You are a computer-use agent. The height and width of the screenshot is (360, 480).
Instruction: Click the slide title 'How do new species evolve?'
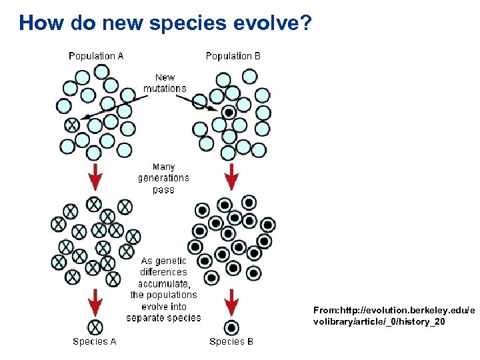pos(165,24)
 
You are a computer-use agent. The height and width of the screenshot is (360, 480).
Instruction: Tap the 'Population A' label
pos(96,56)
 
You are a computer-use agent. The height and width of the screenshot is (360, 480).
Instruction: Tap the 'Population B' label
pos(233,56)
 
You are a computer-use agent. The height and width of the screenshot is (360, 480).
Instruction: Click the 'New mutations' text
pos(165,83)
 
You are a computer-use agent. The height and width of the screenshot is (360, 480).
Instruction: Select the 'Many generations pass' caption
pos(163,178)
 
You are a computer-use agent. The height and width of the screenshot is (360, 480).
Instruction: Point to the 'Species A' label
pos(95,341)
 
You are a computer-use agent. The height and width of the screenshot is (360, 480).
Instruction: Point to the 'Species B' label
pos(231,341)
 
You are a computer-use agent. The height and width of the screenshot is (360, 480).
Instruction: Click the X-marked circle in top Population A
pos(71,125)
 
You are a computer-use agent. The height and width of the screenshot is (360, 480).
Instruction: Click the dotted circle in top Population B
pos(229,111)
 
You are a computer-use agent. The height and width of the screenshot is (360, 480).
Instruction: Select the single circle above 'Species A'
pos(95,327)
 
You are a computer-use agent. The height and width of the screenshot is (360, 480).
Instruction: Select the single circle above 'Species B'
pos(231,327)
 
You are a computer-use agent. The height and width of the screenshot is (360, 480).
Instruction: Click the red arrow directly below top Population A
pos(95,175)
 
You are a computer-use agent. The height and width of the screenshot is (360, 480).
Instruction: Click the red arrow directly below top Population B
pos(231,175)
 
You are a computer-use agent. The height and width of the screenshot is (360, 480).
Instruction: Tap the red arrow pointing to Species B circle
pos(231,302)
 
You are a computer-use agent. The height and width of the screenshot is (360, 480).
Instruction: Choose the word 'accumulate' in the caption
pos(163,283)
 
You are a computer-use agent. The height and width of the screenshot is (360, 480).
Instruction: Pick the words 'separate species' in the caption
pos(164,318)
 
